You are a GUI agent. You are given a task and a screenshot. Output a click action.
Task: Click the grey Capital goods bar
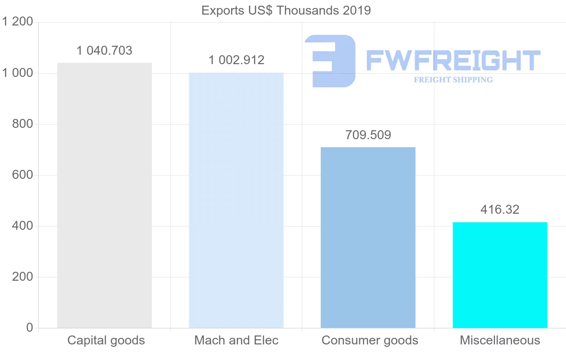click(x=104, y=195)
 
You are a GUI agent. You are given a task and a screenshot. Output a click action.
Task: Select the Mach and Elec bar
click(x=236, y=200)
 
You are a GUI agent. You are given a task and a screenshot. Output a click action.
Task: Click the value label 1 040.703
click(x=104, y=50)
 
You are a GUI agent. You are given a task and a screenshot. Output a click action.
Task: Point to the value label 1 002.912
click(x=236, y=60)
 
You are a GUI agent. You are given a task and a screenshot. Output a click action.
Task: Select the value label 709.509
click(x=368, y=135)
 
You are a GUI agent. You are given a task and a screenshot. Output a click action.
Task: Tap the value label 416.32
click(x=500, y=210)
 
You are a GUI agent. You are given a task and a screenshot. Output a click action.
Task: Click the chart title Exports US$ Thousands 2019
click(x=286, y=10)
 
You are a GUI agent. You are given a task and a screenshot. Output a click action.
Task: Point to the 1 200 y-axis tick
click(x=17, y=22)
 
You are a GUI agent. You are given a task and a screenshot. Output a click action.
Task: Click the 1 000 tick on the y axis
click(x=17, y=73)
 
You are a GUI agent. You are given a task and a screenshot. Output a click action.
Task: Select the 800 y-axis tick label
click(x=22, y=124)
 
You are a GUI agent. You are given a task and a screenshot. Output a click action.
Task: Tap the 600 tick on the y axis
click(x=22, y=175)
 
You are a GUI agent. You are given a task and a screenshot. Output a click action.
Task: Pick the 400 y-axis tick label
click(x=22, y=226)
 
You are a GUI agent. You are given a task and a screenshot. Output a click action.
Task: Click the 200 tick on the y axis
click(x=22, y=277)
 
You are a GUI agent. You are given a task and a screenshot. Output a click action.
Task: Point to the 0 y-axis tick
click(x=29, y=328)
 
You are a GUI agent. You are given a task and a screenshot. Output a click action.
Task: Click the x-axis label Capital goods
click(x=106, y=340)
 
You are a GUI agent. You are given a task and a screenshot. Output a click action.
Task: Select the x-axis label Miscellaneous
click(x=500, y=340)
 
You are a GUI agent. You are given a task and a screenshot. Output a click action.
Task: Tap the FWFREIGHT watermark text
click(x=453, y=60)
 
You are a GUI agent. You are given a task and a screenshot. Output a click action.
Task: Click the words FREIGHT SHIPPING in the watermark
click(x=453, y=80)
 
